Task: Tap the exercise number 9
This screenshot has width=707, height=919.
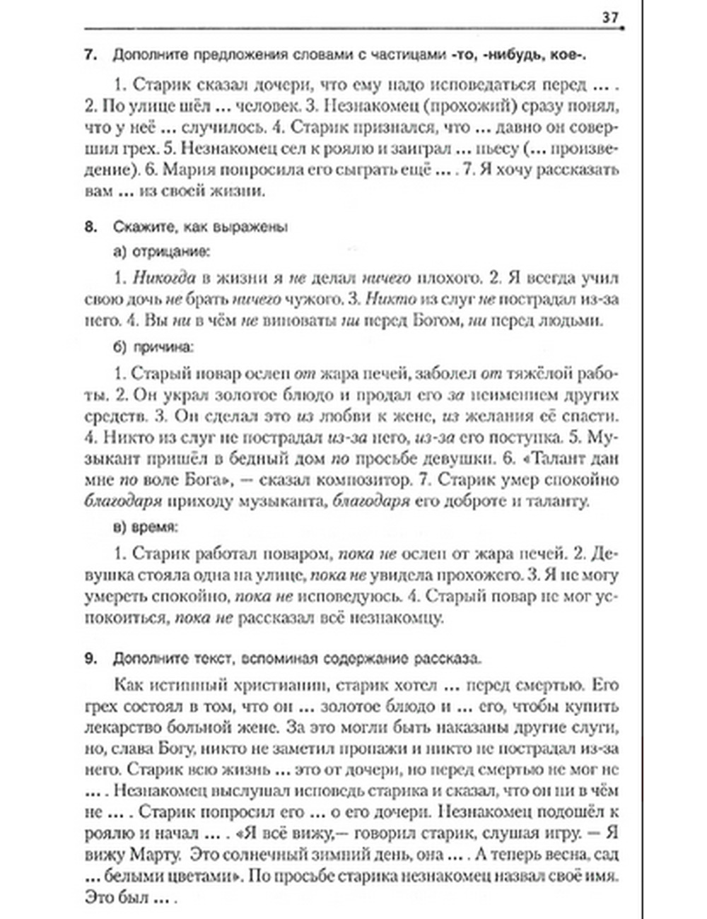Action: click(x=90, y=659)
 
